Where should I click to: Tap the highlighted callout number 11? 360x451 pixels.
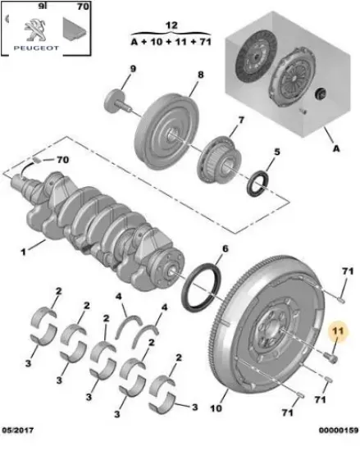pos(337,330)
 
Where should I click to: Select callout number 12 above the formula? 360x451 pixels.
pos(171,26)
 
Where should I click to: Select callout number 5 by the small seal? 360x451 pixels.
pos(276,152)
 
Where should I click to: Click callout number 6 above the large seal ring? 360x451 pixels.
pos(226,248)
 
